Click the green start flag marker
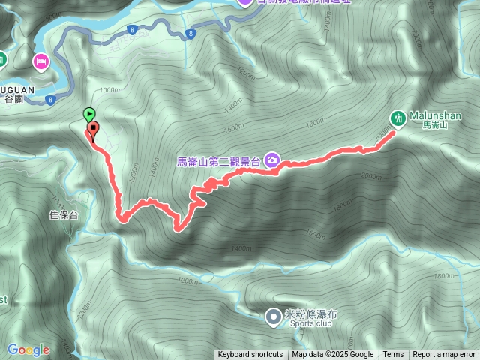pyautogui.click(x=89, y=114)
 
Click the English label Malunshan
pyautogui.click(x=435, y=115)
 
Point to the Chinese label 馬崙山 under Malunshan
pyautogui.click(x=435, y=126)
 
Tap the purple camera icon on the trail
pyautogui.click(x=271, y=160)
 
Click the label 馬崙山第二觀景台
pyautogui.click(x=217, y=160)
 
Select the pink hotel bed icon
pyautogui.click(x=40, y=61)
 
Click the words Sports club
pyautogui.click(x=309, y=325)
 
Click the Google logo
pyautogui.click(x=28, y=349)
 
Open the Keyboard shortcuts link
pyautogui.click(x=250, y=355)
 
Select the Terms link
pyautogui.click(x=393, y=355)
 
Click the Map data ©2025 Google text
pyautogui.click(x=333, y=355)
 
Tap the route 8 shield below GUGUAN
pyautogui.click(x=50, y=99)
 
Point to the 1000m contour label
pyautogui.click(x=109, y=90)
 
